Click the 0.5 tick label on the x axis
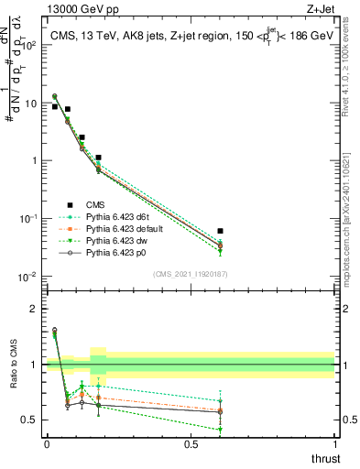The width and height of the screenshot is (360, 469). coord(191,443)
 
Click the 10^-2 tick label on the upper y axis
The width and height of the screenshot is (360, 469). coord(29,276)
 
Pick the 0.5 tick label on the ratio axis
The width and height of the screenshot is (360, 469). coord(29,420)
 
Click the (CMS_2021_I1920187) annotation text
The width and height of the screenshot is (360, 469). coord(191,273)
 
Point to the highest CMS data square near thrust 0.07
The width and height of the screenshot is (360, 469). coord(67,109)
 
